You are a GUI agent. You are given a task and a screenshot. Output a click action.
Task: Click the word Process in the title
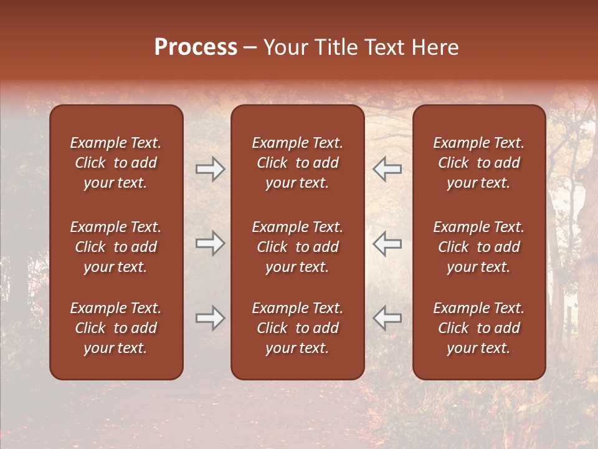[x=196, y=47]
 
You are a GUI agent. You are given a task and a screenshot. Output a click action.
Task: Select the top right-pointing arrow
[x=210, y=169]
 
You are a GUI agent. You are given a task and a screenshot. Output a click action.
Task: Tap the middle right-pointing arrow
[x=210, y=243]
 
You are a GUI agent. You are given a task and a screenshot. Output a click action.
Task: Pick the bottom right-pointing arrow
[x=210, y=318]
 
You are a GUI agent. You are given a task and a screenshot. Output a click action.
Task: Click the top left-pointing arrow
[x=387, y=169]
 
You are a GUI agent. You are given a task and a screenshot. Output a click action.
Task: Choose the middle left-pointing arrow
[x=387, y=243]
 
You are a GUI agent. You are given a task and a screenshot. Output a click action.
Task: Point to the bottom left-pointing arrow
[x=387, y=318]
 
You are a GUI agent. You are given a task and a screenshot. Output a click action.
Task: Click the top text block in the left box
[x=116, y=163]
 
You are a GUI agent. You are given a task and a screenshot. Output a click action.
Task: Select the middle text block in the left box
[x=116, y=247]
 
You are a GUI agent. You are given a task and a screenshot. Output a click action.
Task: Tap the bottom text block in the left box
[x=116, y=328]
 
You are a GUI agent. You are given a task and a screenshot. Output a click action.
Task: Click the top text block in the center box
[x=297, y=163]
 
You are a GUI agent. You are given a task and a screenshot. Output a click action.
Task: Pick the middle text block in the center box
[x=297, y=247]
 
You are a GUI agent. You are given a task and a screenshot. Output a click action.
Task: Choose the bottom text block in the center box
[x=297, y=328]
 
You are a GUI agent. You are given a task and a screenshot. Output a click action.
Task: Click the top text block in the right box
[x=478, y=163]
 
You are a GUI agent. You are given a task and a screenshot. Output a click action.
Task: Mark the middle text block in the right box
[x=478, y=247]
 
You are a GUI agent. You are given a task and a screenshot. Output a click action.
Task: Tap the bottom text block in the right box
[x=478, y=328]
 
